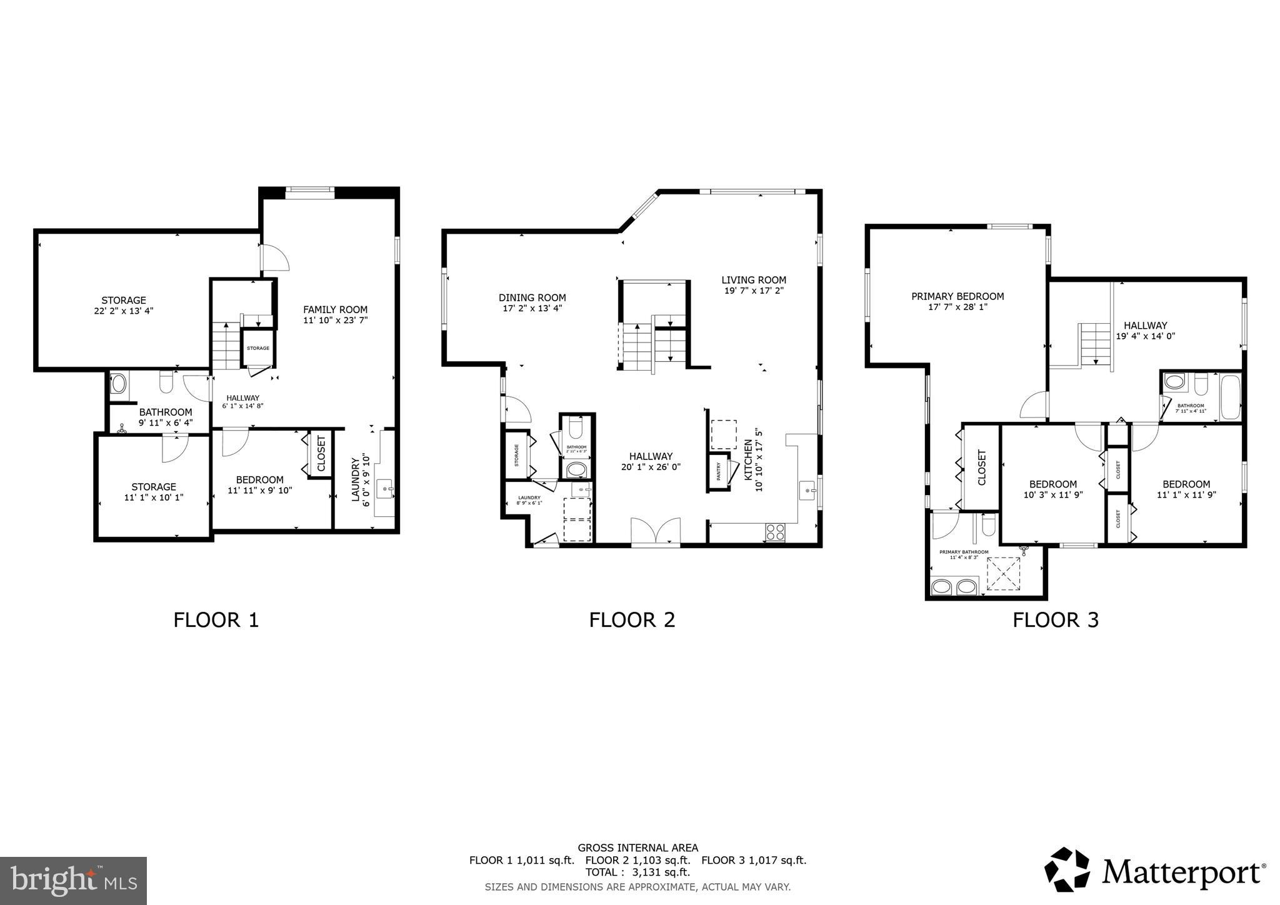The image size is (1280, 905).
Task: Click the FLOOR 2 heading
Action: [632, 620]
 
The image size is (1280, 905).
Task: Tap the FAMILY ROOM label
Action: [335, 309]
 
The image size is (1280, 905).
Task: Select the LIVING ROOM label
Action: [753, 280]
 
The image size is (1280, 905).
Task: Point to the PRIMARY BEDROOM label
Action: [957, 296]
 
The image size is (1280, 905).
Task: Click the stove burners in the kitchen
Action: [775, 532]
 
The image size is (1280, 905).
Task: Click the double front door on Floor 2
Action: [655, 532]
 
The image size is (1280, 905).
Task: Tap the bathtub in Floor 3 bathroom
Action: [1229, 397]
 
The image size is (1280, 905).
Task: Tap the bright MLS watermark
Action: [73, 881]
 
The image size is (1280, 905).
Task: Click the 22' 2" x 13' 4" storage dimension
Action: [124, 310]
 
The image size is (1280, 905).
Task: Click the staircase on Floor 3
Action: [1095, 344]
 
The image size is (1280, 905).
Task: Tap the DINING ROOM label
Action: [532, 297]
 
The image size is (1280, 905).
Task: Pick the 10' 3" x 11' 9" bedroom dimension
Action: [1052, 494]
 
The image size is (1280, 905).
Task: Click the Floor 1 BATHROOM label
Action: [165, 412]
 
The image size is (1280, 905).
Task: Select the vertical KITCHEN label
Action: [747, 460]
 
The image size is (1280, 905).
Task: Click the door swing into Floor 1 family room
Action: [275, 257]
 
